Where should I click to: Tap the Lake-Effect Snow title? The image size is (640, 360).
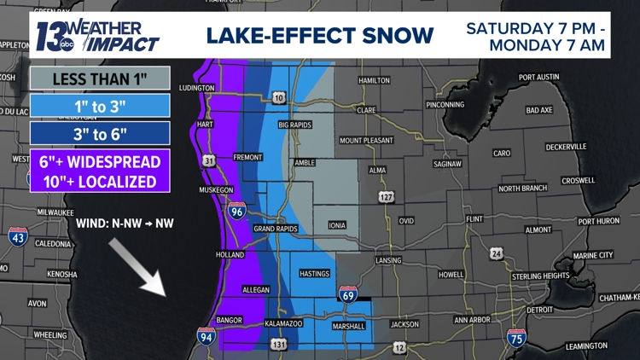pos(319,35)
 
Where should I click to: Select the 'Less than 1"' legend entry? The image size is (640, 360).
pos(99,78)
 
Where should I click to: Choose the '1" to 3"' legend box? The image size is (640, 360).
pos(99,106)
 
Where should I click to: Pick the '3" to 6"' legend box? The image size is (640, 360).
pos(99,133)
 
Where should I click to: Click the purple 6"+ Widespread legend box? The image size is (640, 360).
pos(99,170)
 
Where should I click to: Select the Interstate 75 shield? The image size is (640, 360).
pos(515,337)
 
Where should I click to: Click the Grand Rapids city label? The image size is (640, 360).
pos(275,229)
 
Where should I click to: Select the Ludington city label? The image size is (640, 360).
pos(197,88)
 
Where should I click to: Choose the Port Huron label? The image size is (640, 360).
pos(598,221)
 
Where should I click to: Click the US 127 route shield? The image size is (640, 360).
pos(387,197)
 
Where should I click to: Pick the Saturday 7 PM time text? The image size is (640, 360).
pos(537,28)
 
